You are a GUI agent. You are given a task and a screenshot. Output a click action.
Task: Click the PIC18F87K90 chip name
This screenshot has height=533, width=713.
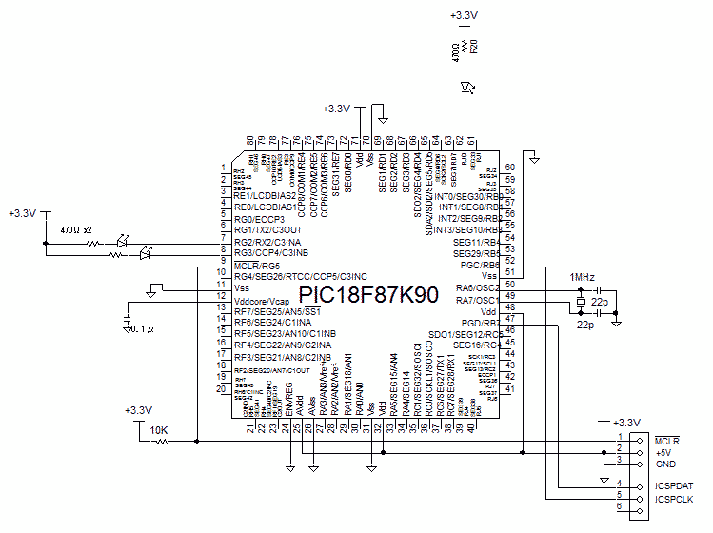coord(368,295)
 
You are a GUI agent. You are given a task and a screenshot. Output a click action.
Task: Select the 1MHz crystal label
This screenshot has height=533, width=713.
coord(583,277)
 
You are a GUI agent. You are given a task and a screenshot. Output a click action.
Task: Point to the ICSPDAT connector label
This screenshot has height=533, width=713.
coord(673,485)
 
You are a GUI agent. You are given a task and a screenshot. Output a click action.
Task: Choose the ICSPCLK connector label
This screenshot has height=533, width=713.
coord(673,498)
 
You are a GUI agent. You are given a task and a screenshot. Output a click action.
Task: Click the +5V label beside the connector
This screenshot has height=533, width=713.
coord(663,452)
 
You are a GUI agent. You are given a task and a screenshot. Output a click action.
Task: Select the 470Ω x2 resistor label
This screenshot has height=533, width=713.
coord(76,230)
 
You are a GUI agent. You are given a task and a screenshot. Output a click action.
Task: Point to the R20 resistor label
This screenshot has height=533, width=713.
coord(474,48)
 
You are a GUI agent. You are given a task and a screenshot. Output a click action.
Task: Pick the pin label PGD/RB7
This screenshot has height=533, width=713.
coord(481,324)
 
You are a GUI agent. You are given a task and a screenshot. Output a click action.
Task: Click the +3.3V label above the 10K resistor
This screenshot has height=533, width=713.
coord(138,410)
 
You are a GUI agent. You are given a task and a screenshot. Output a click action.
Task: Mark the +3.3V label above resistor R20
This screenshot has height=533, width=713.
coord(463,15)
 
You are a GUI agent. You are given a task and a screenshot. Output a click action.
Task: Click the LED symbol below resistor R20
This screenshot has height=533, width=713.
coord(465,88)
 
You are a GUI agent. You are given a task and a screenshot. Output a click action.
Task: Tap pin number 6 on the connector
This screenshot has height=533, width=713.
coord(620,508)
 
